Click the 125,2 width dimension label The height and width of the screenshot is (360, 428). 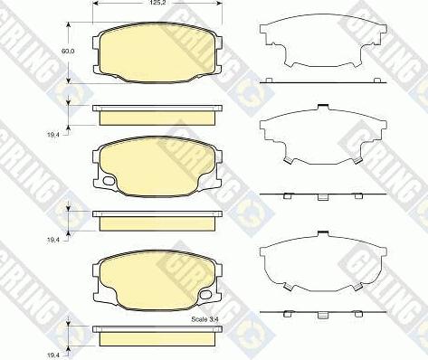pyautogui.click(x=157, y=3)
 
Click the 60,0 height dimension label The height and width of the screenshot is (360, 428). pyautogui.click(x=68, y=51)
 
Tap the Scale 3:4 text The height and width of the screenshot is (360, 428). pyautogui.click(x=204, y=319)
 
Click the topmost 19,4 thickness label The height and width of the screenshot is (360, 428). pyautogui.click(x=52, y=135)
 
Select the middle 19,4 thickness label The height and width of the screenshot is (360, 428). pyautogui.click(x=52, y=240)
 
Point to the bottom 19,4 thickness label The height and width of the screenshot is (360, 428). pyautogui.click(x=52, y=355)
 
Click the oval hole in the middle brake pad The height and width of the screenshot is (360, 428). pyautogui.click(x=109, y=181)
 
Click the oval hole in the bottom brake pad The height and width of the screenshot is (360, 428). pyautogui.click(x=206, y=294)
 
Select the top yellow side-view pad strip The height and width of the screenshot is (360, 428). pyautogui.click(x=157, y=118)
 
